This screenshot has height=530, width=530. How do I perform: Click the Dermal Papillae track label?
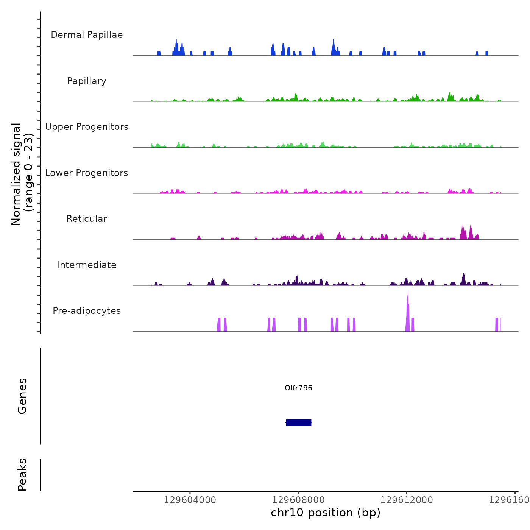(87, 35)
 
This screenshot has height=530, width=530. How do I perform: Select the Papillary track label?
(87, 81)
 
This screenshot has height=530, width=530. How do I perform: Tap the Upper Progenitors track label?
(87, 127)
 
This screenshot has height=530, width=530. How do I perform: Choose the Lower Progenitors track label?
(87, 173)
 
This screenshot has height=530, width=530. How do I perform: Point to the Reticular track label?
(87, 219)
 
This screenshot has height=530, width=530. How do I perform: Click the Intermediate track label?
(87, 265)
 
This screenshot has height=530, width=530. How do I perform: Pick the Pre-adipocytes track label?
(87, 311)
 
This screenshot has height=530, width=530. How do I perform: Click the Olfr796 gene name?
(298, 388)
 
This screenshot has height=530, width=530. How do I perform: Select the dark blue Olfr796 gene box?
(298, 422)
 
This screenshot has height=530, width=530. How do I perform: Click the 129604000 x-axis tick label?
(190, 500)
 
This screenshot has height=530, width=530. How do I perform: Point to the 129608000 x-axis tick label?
(298, 500)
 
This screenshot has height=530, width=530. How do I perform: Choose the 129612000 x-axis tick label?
(407, 500)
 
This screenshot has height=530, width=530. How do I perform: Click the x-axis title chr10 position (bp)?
(326, 513)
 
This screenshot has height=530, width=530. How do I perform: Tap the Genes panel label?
(22, 396)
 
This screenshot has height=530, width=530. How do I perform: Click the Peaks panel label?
(22, 475)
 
